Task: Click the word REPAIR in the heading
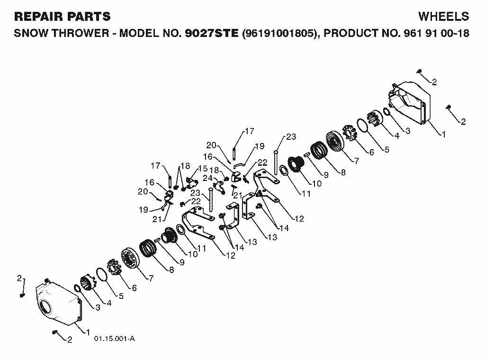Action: pos(37,17)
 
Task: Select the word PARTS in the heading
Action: pos(87,17)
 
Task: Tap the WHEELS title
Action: pos(443,17)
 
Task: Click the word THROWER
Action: pos(81,33)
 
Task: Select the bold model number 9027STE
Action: pos(212,33)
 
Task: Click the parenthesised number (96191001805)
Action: pos(279,33)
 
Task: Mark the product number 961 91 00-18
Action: pos(436,33)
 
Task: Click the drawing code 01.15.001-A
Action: pos(115,339)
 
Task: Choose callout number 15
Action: pos(203,169)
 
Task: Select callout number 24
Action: pos(207,178)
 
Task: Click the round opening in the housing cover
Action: pos(45,306)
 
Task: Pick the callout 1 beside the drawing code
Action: pos(88,333)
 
